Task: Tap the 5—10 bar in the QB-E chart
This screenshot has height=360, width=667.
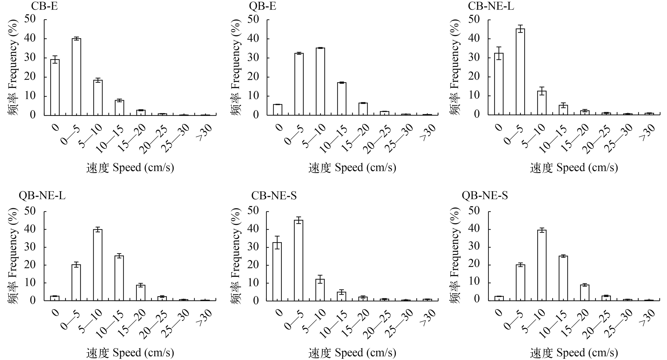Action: [320, 81]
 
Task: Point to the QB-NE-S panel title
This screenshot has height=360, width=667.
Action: [485, 196]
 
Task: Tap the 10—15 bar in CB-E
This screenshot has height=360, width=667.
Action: [119, 108]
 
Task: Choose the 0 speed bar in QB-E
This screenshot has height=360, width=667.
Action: [278, 110]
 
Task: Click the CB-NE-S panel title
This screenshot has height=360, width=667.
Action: [274, 196]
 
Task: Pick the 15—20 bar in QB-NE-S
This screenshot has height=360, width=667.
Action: [585, 293]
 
